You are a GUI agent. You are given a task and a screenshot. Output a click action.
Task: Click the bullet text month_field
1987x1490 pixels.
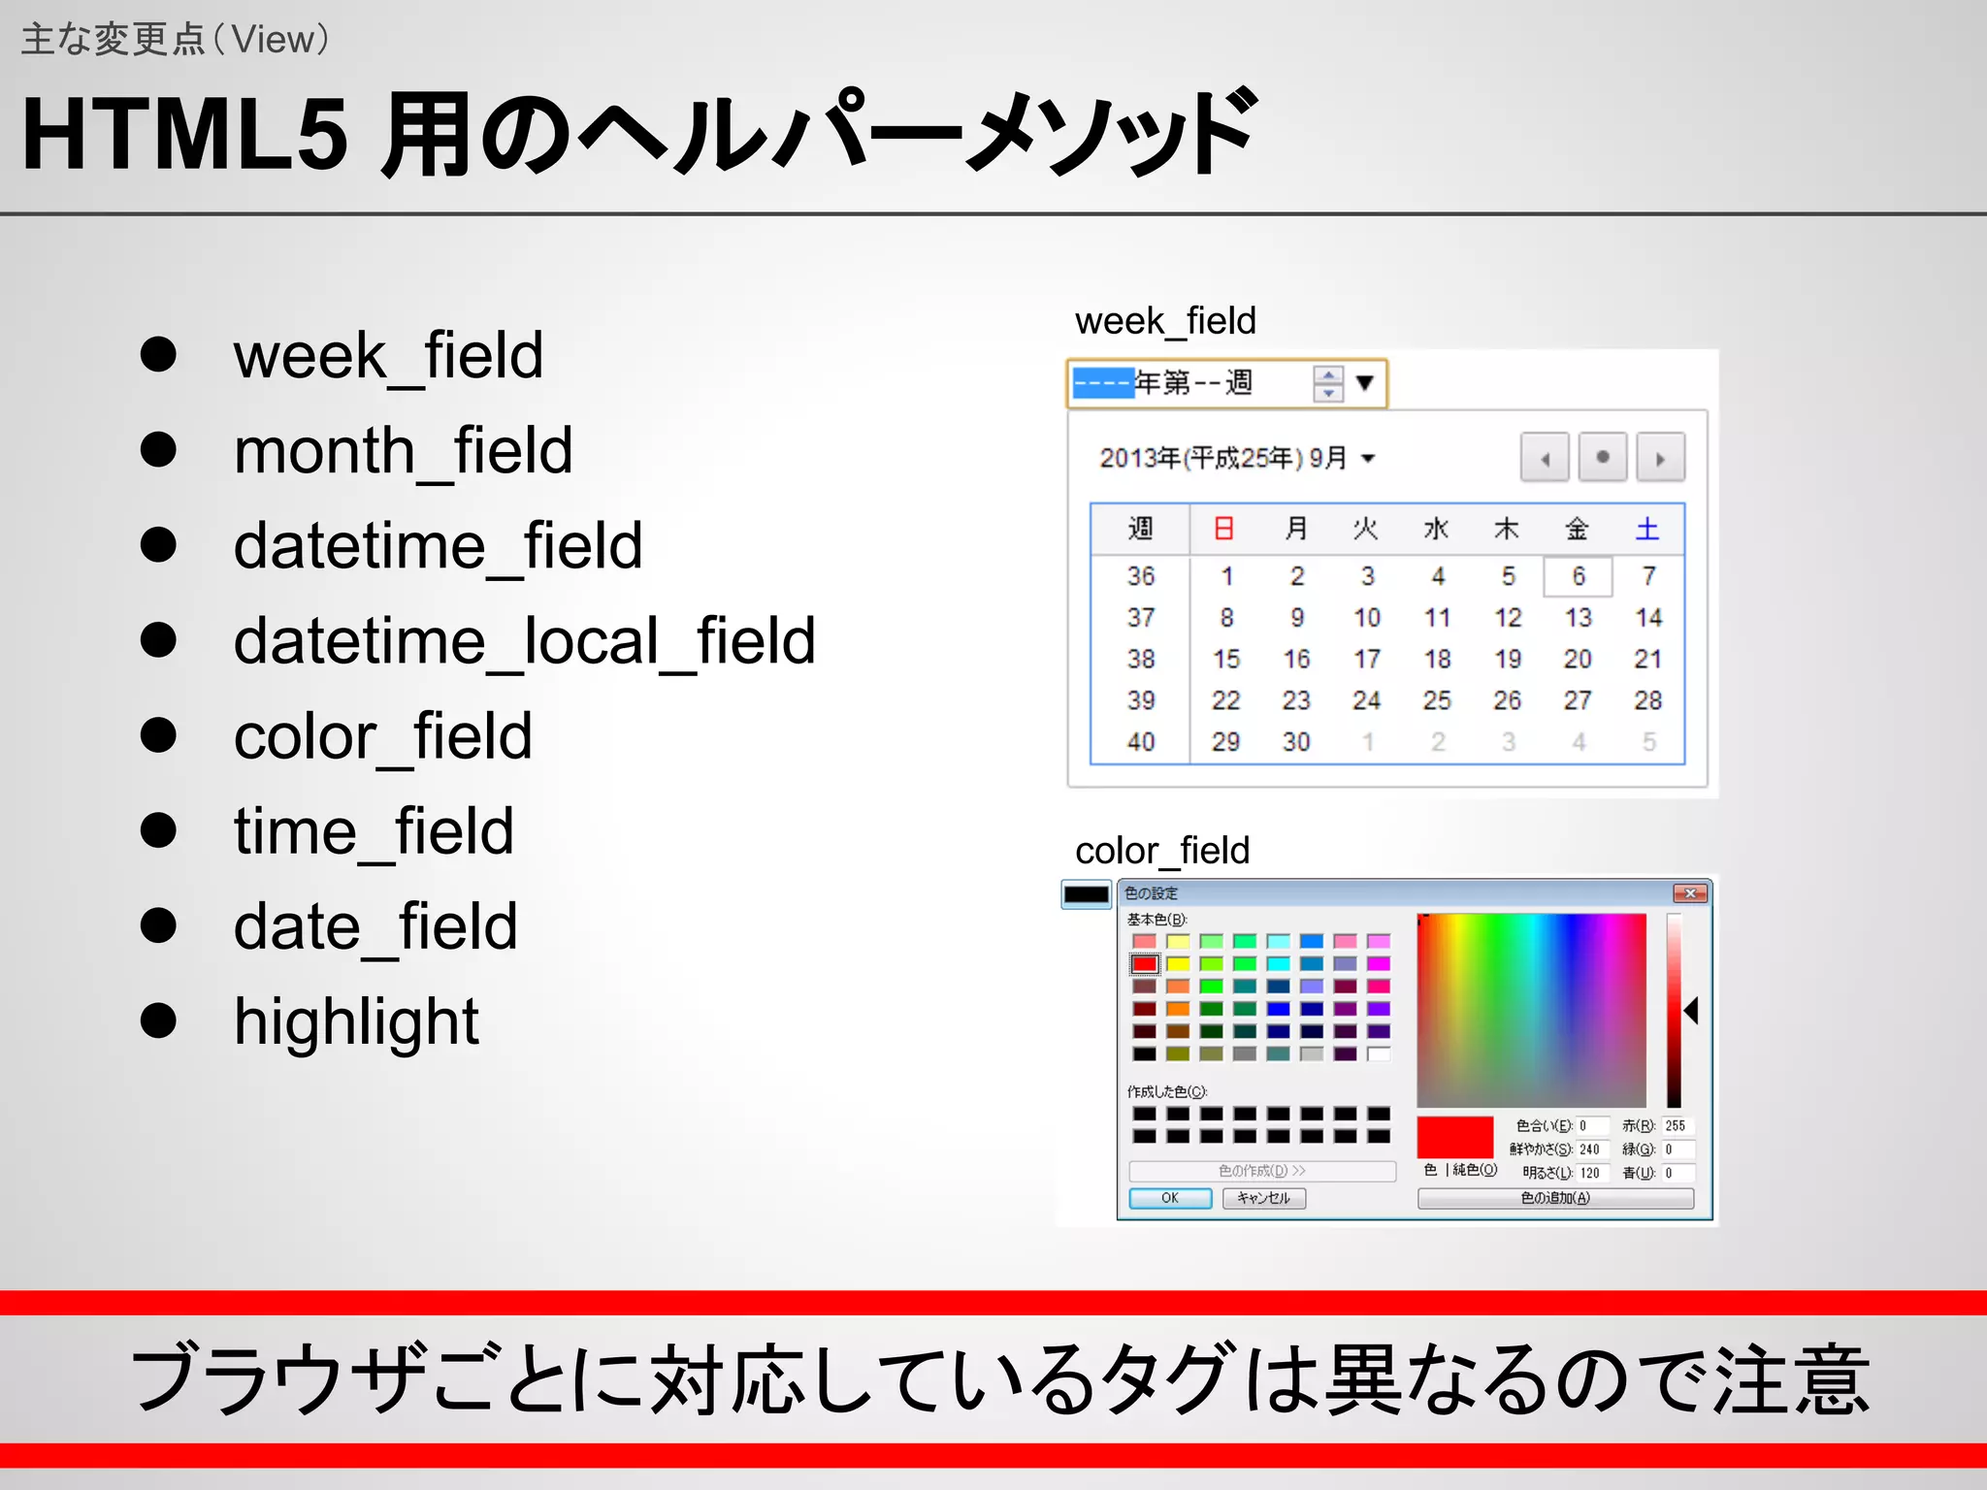(x=403, y=451)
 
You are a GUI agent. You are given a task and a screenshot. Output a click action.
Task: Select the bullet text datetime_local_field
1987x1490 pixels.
(x=524, y=641)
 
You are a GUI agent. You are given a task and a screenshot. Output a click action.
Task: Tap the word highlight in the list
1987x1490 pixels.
(x=356, y=1021)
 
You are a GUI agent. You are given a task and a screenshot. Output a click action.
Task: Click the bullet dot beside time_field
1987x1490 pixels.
(x=158, y=830)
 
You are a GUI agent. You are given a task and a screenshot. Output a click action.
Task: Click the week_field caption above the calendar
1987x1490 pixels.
(x=1165, y=321)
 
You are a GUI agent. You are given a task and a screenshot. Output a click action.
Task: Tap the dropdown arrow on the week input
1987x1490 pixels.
(x=1364, y=383)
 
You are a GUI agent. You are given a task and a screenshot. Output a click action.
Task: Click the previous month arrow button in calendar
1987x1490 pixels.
(x=1545, y=458)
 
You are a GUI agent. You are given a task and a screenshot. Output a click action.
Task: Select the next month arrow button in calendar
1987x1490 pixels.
(x=1660, y=458)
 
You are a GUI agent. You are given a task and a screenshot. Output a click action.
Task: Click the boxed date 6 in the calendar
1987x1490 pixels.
(x=1579, y=576)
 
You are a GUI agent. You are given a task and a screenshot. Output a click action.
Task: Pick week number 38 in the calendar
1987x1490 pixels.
(x=1141, y=660)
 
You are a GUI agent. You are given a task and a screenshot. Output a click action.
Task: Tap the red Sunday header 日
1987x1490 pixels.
(x=1224, y=529)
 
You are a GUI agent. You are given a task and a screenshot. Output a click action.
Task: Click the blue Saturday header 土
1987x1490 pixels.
(x=1647, y=529)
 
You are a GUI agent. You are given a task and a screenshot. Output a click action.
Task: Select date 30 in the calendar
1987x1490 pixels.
(x=1296, y=742)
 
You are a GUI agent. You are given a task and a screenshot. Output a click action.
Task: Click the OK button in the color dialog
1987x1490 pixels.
(x=1170, y=1198)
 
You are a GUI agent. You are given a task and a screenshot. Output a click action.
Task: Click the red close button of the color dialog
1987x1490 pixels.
(x=1690, y=893)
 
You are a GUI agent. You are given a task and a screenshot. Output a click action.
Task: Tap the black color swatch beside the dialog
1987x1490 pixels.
(x=1086, y=894)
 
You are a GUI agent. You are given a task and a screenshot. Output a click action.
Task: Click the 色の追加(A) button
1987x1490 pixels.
(x=1555, y=1198)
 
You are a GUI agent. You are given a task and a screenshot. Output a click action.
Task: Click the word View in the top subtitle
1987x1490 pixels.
(x=274, y=40)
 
